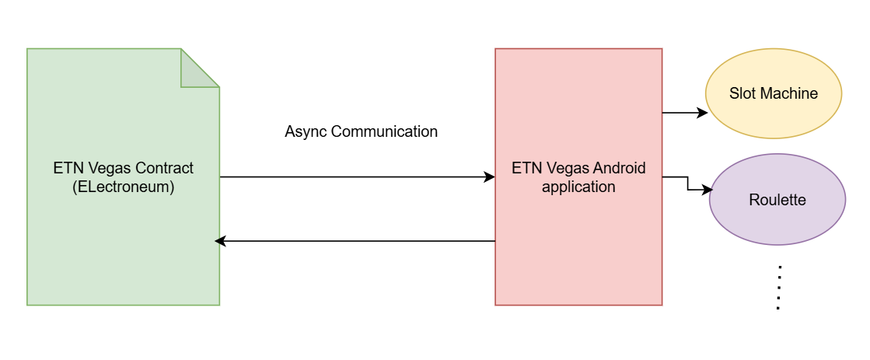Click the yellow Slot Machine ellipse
tap(773, 93)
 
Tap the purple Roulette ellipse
tap(777, 200)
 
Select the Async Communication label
tap(361, 131)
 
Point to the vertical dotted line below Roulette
tap(778, 288)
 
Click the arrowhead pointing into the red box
tap(490, 177)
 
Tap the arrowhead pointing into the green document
tap(220, 241)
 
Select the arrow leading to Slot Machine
tap(684, 113)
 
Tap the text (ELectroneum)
tap(123, 187)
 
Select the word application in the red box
tap(578, 187)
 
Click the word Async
tap(306, 131)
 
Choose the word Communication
tap(384, 131)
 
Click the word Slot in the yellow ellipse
tap(742, 93)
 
